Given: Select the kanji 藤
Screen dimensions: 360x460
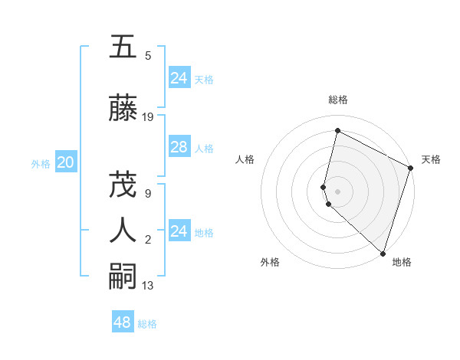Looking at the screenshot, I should click(123, 109).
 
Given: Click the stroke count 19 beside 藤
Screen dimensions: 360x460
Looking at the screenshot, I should click(148, 117).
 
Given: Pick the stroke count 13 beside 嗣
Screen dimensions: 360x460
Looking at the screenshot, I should click(148, 286).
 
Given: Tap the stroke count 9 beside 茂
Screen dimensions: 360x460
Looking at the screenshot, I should click(148, 193).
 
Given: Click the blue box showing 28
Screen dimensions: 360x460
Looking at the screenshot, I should click(179, 147).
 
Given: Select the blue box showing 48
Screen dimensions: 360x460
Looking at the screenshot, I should click(123, 322).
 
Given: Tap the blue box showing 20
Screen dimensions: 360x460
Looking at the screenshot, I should click(65, 162).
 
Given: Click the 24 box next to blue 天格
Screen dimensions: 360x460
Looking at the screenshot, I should click(179, 77).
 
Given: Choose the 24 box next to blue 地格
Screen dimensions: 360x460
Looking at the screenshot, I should click(179, 231).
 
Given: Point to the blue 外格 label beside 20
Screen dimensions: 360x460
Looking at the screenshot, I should click(41, 163).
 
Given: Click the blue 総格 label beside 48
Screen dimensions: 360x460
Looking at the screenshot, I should click(147, 324).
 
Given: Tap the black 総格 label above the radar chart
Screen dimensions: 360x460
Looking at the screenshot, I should click(337, 100).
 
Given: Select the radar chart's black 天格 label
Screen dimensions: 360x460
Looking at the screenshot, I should click(431, 159).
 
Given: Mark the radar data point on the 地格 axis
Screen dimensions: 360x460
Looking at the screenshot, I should click(382, 254).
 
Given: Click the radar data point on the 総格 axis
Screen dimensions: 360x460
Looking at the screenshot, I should click(337, 131).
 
